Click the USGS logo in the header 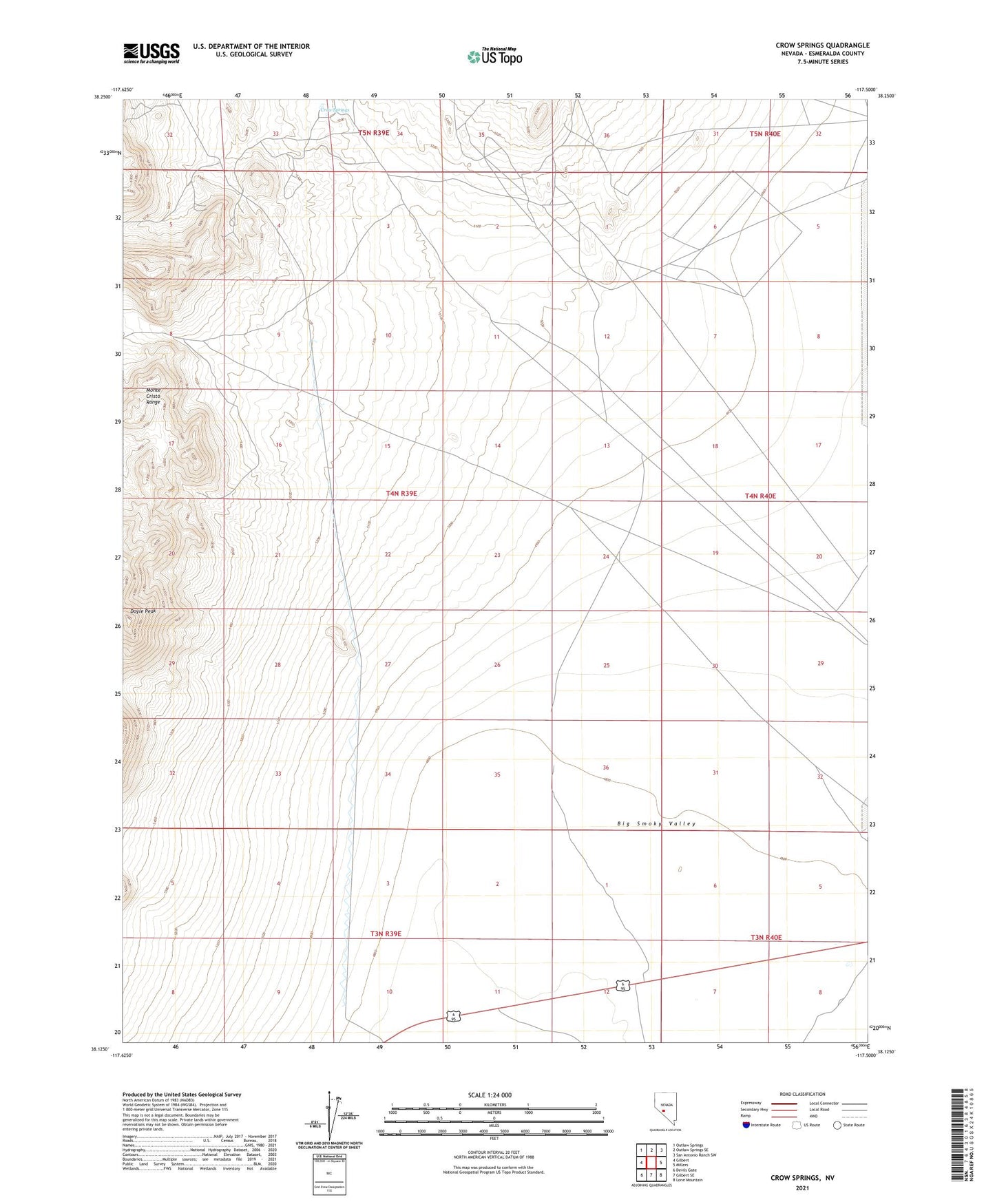[x=151, y=53]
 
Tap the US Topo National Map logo [x=494, y=56]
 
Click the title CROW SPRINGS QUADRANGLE [x=822, y=45]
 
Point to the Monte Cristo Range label [x=153, y=396]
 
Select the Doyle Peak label [x=143, y=611]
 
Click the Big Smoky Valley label [x=656, y=823]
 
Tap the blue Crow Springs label [x=335, y=109]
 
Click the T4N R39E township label [x=401, y=494]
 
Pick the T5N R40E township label [x=765, y=134]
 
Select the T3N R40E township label [x=766, y=937]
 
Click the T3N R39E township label [x=386, y=934]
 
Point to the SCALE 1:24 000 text [x=490, y=1095]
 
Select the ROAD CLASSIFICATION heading [x=802, y=1094]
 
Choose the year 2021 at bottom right [x=802, y=1188]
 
